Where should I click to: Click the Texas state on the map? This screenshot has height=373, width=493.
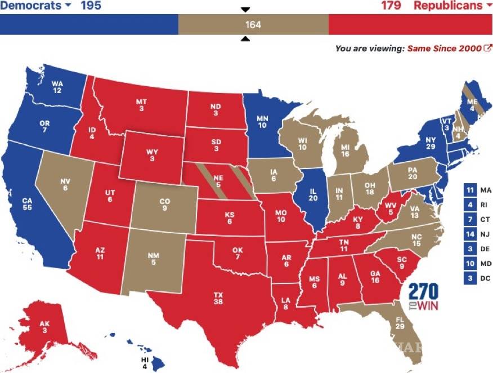(x=218, y=298)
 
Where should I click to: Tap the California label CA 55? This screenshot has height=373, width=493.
(x=27, y=203)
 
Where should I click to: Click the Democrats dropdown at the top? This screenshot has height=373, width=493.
(x=36, y=6)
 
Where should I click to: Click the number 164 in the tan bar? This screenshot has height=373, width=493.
(x=253, y=25)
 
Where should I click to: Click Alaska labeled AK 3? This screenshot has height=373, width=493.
(x=44, y=327)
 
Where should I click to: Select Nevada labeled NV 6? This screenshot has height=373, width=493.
(x=65, y=184)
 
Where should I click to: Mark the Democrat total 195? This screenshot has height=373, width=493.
(x=91, y=6)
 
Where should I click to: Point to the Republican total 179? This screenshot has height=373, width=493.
(x=390, y=6)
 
